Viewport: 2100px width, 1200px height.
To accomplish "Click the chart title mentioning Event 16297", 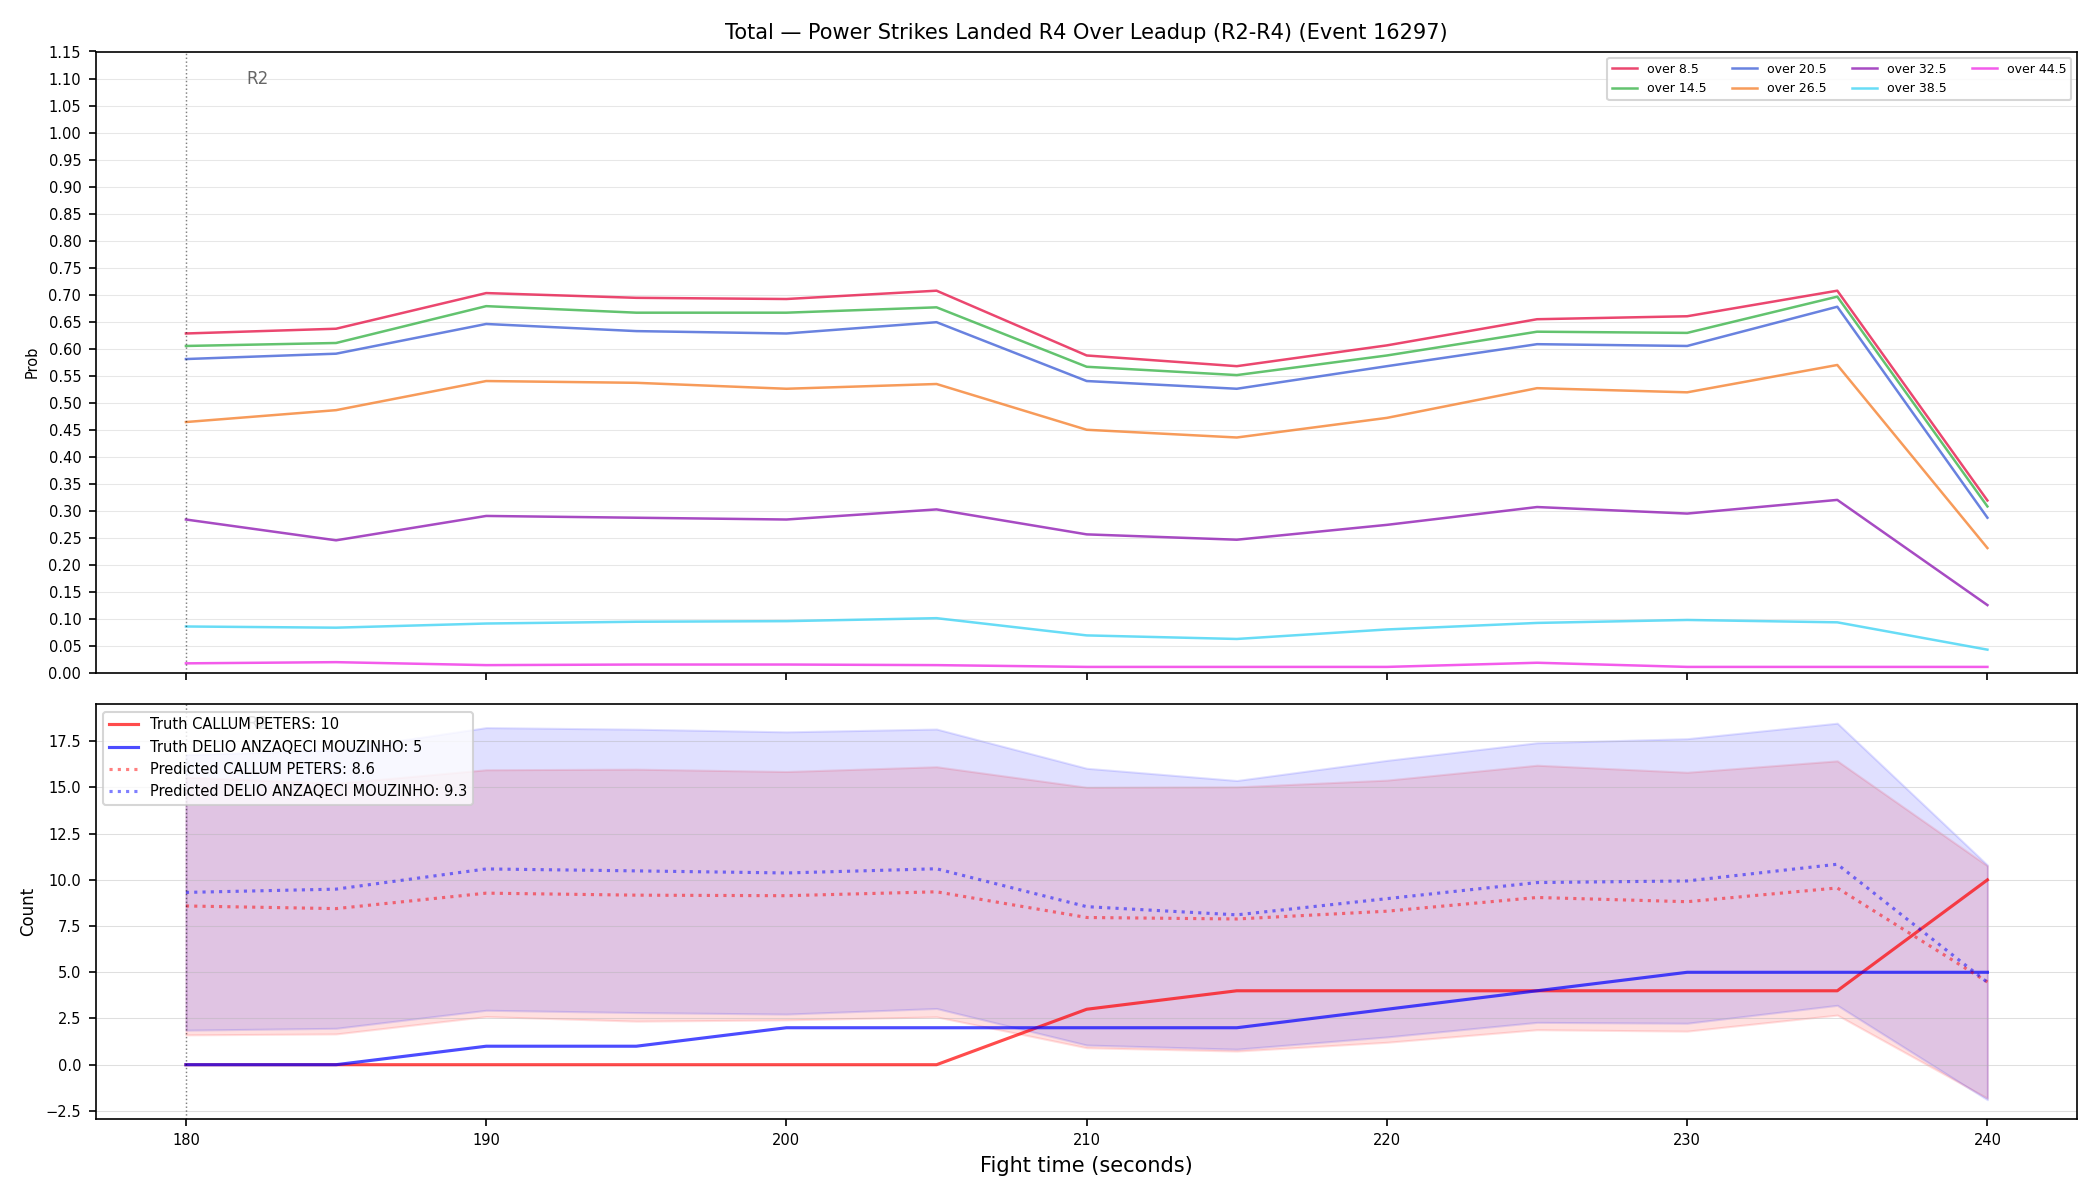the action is pyautogui.click(x=1086, y=32).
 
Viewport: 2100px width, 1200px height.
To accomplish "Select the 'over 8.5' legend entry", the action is pyautogui.click(x=1655, y=69).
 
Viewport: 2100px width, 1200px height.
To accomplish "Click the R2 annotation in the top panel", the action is pyautogui.click(x=257, y=78).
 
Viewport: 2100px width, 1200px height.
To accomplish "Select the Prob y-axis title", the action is pyautogui.click(x=31, y=363).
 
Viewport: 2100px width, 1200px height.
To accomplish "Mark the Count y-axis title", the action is pyautogui.click(x=27, y=912).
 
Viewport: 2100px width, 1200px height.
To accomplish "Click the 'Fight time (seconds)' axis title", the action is pyautogui.click(x=1086, y=1165).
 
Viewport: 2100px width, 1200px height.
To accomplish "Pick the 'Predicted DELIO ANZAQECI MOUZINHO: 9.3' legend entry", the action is pyautogui.click(x=286, y=791).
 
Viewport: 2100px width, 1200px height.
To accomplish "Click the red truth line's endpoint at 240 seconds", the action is pyautogui.click(x=1986, y=880).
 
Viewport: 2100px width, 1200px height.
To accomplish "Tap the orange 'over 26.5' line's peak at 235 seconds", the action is pyautogui.click(x=1836, y=365).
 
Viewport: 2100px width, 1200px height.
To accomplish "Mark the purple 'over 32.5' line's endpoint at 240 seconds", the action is pyautogui.click(x=1986, y=605).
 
